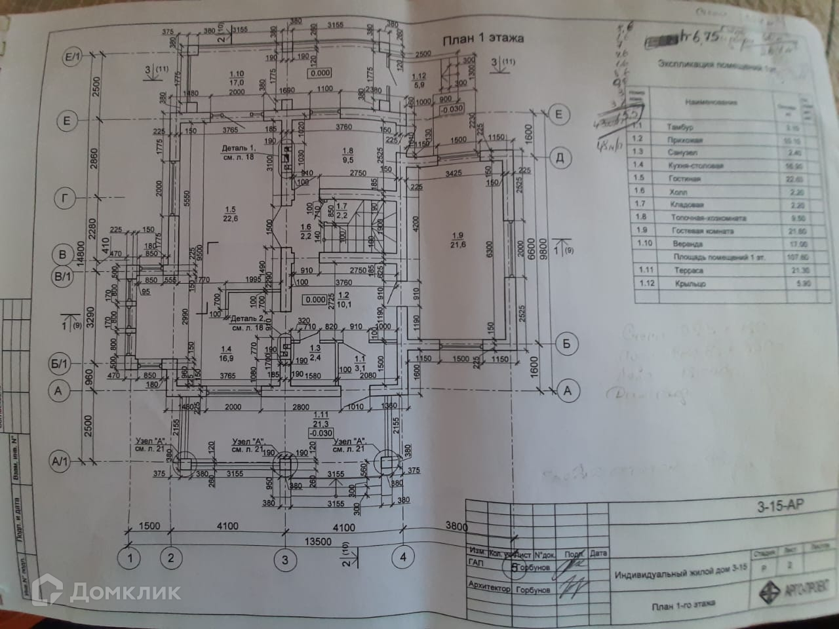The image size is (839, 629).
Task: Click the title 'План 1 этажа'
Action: click(483, 39)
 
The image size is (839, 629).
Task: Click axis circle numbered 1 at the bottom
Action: click(130, 558)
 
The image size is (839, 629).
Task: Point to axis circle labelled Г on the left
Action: click(64, 197)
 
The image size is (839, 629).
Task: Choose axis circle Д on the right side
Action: click(559, 157)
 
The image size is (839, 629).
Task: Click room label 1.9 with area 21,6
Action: click(456, 239)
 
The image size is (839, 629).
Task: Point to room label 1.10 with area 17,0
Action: click(237, 78)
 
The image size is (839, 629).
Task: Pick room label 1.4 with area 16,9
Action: click(226, 353)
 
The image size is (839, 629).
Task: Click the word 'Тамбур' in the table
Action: click(679, 126)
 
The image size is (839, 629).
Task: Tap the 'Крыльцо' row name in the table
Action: click(690, 284)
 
